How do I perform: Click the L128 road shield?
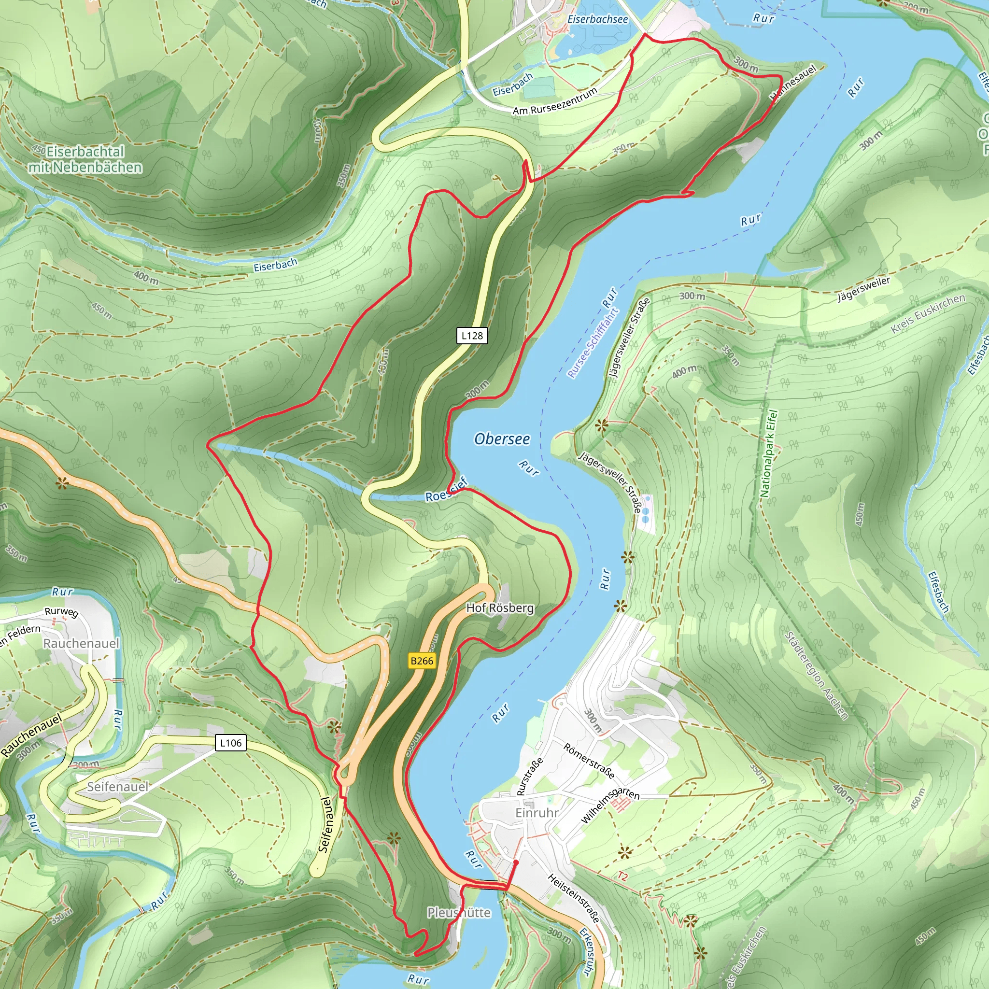tap(471, 336)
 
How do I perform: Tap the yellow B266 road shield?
tap(422, 661)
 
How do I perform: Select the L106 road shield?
tap(230, 743)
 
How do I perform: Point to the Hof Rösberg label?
tap(500, 608)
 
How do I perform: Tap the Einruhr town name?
tap(537, 813)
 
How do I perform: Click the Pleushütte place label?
tap(459, 913)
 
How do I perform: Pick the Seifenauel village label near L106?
tap(117, 787)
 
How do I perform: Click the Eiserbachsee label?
tap(597, 19)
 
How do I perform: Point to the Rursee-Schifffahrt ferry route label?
tap(593, 342)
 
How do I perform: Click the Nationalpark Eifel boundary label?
tap(768, 453)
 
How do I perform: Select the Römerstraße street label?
tap(589, 761)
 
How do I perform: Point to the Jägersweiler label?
tap(863, 289)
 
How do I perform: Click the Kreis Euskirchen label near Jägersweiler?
tap(928, 314)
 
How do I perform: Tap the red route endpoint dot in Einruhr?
tap(516, 862)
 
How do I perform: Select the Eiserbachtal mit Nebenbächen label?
tap(85, 159)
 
